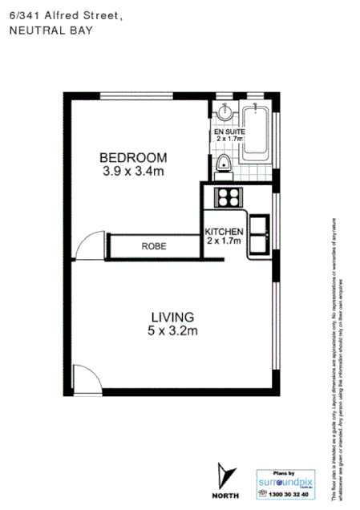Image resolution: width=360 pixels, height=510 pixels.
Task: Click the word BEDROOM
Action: [x=133, y=157]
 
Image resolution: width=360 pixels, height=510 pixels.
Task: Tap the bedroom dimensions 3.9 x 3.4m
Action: [x=133, y=171]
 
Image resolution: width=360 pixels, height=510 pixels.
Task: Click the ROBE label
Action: [x=154, y=247]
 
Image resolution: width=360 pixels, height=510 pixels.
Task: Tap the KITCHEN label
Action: [x=224, y=232]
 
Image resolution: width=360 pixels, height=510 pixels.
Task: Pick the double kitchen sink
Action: [x=259, y=233]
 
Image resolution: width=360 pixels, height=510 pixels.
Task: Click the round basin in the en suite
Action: [x=226, y=114]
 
